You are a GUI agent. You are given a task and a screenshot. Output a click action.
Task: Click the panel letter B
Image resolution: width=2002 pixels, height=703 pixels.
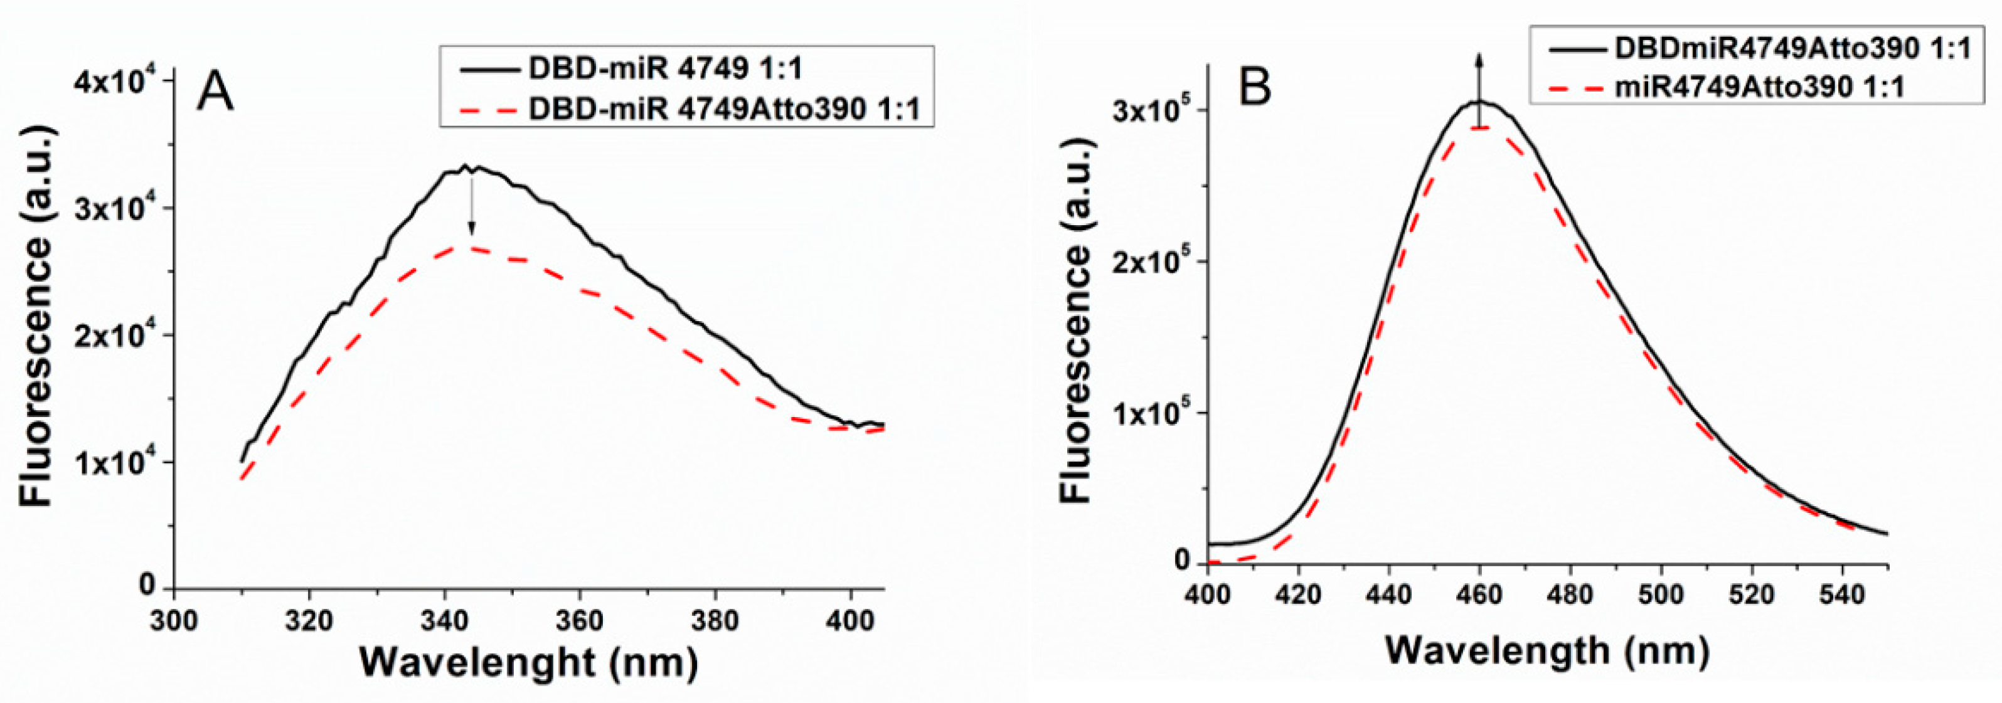[1254, 88]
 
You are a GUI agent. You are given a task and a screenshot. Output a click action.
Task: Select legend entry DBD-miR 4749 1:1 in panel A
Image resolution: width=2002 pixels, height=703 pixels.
[665, 68]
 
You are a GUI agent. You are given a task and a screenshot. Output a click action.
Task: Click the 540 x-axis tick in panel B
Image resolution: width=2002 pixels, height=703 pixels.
[1843, 595]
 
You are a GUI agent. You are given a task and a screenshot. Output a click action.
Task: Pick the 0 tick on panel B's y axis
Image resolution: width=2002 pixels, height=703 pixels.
[1182, 560]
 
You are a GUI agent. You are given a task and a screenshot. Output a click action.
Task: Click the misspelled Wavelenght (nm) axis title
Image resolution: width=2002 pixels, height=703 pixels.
[528, 663]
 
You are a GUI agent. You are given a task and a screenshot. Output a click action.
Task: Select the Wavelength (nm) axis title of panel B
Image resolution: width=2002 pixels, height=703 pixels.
[1547, 650]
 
